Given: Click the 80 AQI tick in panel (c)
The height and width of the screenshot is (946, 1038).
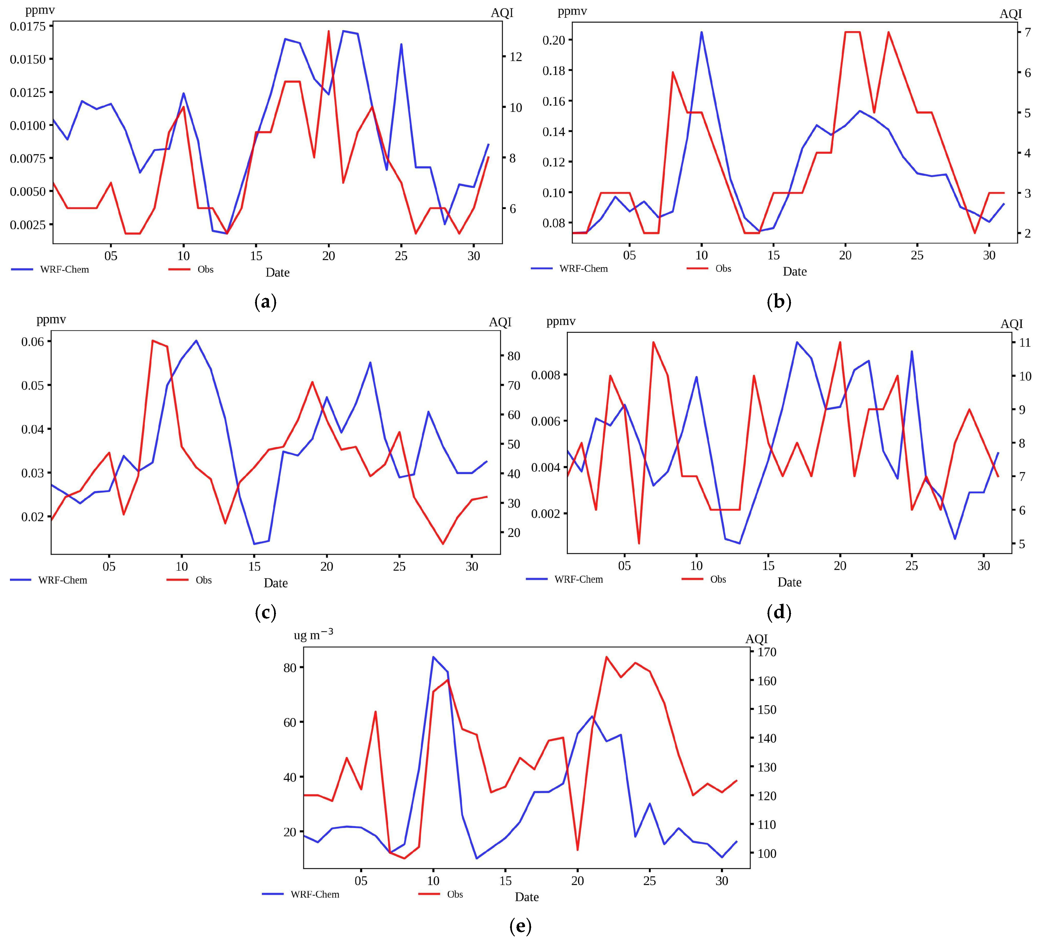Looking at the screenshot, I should coord(514,356).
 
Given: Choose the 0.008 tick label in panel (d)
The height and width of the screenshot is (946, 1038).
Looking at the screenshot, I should coord(546,375).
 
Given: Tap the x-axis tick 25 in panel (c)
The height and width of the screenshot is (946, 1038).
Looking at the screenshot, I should coord(399,567).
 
